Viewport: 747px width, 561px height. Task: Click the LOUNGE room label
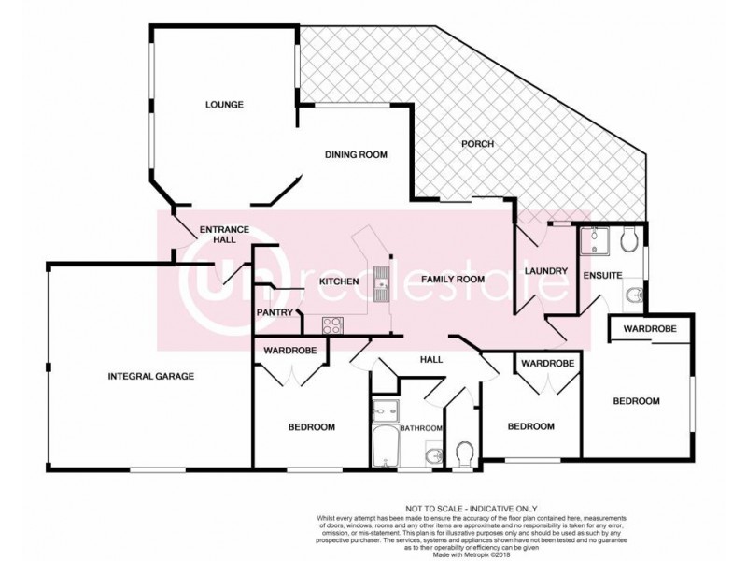pyautogui.click(x=224, y=105)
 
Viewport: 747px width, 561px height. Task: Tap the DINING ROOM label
pyautogui.click(x=356, y=154)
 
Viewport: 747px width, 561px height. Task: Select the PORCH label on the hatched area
pyautogui.click(x=478, y=144)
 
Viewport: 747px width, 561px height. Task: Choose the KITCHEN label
pyautogui.click(x=340, y=280)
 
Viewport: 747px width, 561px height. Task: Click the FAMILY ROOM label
pyautogui.click(x=452, y=280)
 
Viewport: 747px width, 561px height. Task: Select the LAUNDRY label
pyautogui.click(x=546, y=272)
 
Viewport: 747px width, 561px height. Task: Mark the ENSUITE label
pyautogui.click(x=603, y=277)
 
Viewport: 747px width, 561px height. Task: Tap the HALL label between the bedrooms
pyautogui.click(x=430, y=358)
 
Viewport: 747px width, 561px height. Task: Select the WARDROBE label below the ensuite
pyautogui.click(x=651, y=329)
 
